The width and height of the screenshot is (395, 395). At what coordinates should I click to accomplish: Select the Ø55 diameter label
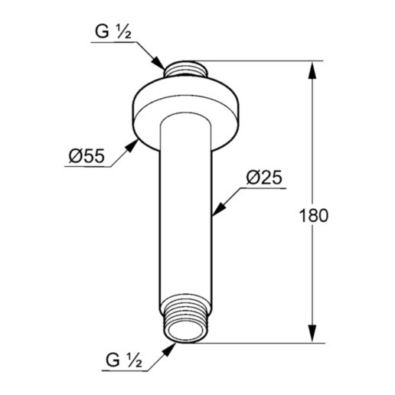tap(86, 155)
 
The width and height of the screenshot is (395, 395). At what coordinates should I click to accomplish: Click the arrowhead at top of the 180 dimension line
tap(312, 70)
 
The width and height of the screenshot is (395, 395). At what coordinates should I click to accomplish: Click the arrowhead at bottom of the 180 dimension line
tap(312, 333)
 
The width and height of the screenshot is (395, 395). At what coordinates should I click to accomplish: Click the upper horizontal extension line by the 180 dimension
tap(260, 61)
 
